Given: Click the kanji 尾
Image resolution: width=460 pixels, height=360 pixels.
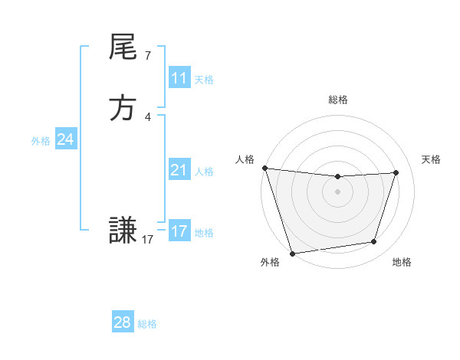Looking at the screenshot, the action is (x=123, y=47).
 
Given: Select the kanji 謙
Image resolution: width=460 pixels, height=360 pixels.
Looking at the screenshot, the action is (x=123, y=229).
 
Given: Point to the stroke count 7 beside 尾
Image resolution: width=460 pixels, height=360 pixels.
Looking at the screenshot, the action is (x=147, y=55).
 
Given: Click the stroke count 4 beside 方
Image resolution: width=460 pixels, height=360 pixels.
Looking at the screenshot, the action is (x=147, y=117).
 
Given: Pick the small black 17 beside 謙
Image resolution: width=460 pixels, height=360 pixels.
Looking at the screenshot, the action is (x=148, y=240).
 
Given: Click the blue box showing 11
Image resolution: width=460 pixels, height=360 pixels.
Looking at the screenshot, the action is (x=179, y=78).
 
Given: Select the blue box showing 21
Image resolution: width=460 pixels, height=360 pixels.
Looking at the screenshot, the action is (x=179, y=170).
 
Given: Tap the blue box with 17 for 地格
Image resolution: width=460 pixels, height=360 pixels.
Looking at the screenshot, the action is (x=179, y=231).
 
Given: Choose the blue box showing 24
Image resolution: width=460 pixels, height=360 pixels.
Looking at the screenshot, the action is (x=65, y=139).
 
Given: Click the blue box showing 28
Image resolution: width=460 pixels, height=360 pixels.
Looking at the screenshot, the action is (x=122, y=322).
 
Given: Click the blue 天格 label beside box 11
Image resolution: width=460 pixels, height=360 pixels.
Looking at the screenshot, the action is (x=204, y=80).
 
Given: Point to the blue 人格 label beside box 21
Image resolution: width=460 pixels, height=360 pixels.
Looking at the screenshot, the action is (x=204, y=172).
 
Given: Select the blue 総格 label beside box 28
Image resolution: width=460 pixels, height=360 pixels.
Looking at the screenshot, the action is (x=147, y=324).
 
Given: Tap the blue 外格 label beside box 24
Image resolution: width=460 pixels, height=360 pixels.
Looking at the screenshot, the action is (x=41, y=141).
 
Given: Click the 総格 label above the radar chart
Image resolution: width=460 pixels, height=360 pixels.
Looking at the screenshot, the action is (x=338, y=100).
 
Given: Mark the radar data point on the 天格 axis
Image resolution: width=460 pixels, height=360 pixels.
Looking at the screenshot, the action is (x=396, y=172).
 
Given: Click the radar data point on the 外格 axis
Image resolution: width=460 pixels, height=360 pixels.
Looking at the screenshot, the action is (x=292, y=253).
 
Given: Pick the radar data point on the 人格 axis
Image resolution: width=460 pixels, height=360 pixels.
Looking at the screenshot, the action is (x=264, y=168).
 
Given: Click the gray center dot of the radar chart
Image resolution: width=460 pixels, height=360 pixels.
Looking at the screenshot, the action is (x=338, y=191).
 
